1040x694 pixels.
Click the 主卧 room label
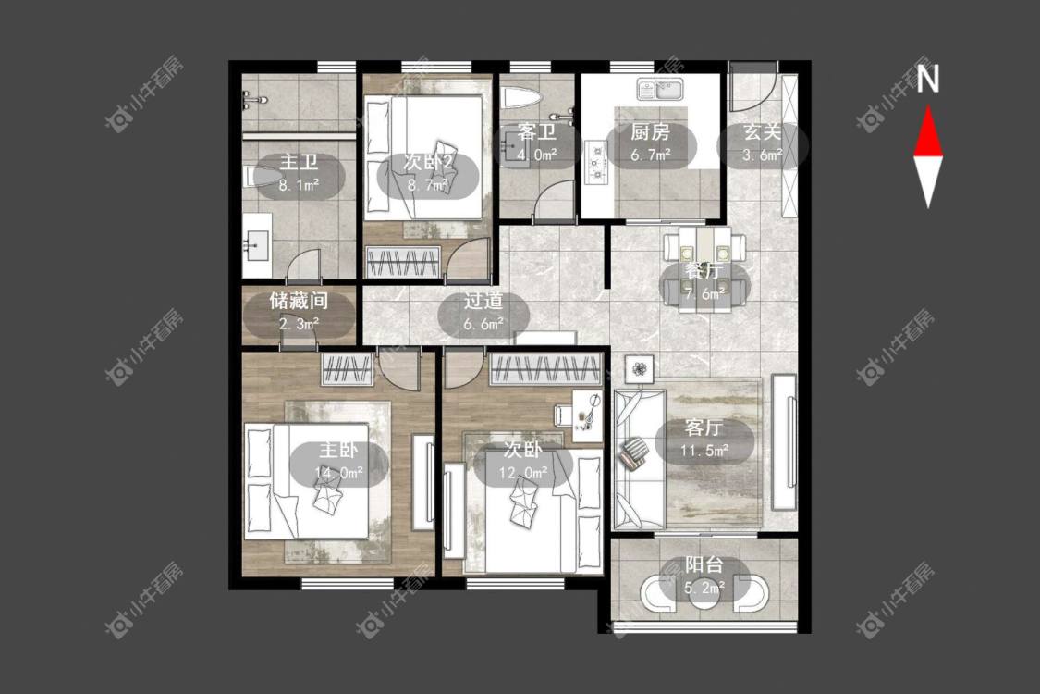(338, 451)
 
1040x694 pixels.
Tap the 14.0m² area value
(339, 473)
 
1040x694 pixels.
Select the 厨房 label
(650, 132)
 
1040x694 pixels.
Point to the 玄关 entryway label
(762, 131)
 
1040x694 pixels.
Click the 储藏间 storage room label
(299, 301)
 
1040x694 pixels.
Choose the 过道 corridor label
(483, 301)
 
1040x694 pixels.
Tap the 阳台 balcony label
(704, 565)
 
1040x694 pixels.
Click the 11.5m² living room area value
(704, 451)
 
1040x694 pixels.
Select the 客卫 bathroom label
(536, 131)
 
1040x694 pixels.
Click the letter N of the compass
(928, 79)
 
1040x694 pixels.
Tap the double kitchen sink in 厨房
(661, 89)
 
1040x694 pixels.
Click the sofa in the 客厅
(639, 458)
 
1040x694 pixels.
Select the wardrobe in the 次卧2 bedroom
(404, 262)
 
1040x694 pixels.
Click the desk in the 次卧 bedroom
(588, 415)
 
